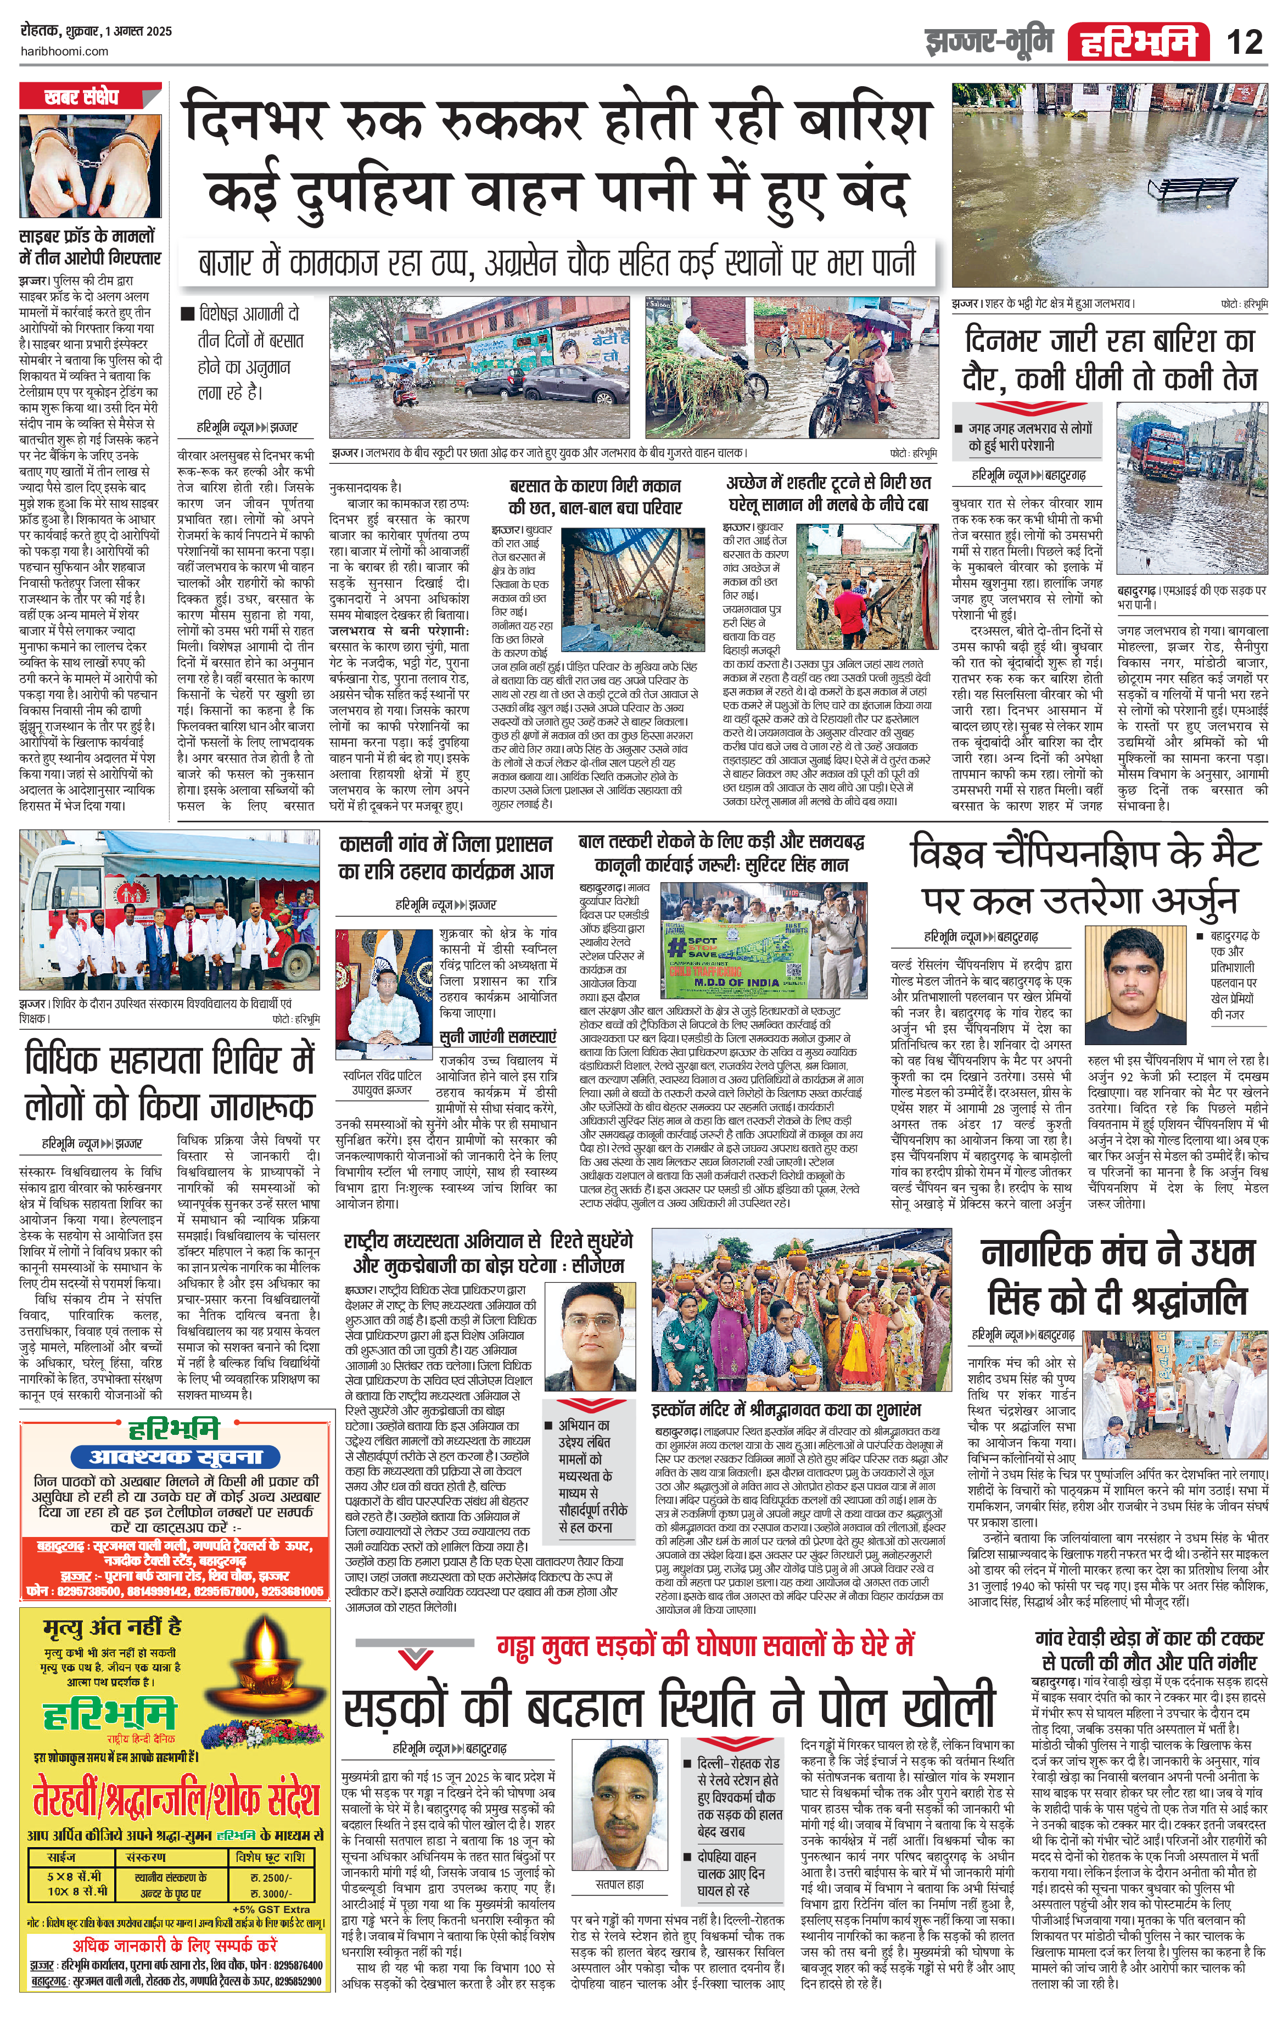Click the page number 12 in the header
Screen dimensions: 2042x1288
(1244, 41)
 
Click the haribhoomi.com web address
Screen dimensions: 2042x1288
(64, 51)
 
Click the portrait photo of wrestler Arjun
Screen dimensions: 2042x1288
(1136, 990)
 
